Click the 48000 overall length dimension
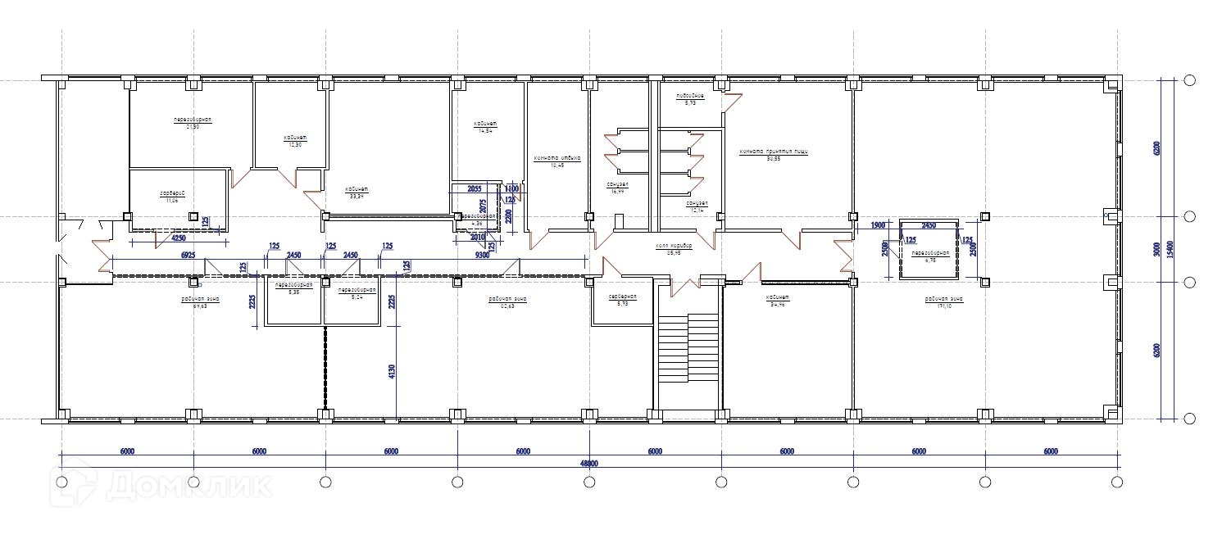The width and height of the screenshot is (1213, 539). pyautogui.click(x=588, y=463)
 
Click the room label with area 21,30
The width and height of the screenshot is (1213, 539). pyautogui.click(x=193, y=123)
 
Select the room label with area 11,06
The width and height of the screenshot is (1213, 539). pyautogui.click(x=172, y=197)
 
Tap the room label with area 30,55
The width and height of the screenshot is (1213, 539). pyautogui.click(x=773, y=155)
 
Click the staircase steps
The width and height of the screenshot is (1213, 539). pyautogui.click(x=688, y=349)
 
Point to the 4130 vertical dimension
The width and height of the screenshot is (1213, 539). pyautogui.click(x=392, y=370)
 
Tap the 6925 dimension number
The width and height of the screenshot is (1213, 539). pyautogui.click(x=188, y=256)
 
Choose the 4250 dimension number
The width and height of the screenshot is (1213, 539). pyautogui.click(x=178, y=238)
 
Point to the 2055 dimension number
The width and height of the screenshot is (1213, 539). pyautogui.click(x=474, y=189)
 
